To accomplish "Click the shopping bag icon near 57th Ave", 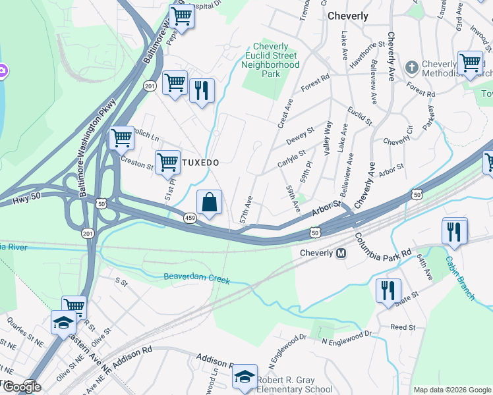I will (209, 203).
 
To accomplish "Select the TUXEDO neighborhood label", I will (200, 162).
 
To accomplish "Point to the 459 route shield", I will (190, 218).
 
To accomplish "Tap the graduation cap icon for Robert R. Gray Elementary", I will (245, 377).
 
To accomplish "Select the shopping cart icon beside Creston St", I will (167, 161).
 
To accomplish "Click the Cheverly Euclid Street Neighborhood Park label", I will (271, 60).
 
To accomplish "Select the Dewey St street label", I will (301, 134).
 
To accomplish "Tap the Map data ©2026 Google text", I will (451, 390).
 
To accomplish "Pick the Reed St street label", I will (402, 327).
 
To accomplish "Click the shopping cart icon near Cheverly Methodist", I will (470, 63).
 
